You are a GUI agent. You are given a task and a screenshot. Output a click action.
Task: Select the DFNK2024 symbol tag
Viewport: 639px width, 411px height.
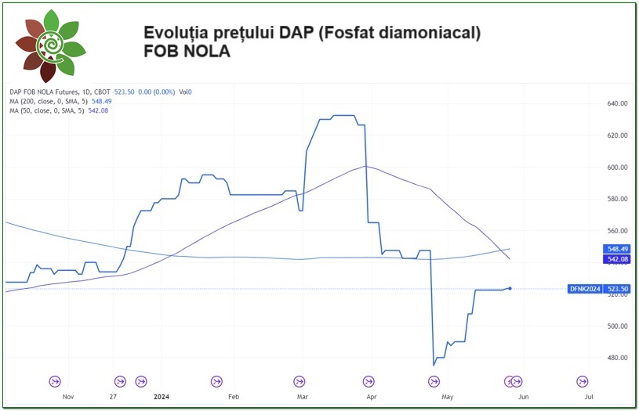click(x=585, y=289)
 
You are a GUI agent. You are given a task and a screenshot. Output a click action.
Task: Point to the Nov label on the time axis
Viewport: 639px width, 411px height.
click(x=67, y=397)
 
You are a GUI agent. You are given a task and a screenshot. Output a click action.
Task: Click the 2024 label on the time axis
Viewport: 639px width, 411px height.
click(x=162, y=397)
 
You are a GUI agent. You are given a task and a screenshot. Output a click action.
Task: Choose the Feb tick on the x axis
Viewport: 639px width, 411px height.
click(x=233, y=397)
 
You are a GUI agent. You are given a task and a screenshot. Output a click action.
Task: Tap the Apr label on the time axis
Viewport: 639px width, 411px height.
click(x=371, y=397)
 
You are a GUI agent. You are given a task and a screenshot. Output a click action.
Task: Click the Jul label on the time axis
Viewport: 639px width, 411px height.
click(x=589, y=397)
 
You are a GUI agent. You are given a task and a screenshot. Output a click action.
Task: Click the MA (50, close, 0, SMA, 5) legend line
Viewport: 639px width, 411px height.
click(x=59, y=111)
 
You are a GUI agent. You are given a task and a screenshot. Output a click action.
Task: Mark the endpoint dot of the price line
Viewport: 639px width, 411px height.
click(x=510, y=289)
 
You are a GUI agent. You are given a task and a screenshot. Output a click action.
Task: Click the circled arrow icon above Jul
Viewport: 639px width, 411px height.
click(x=583, y=381)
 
